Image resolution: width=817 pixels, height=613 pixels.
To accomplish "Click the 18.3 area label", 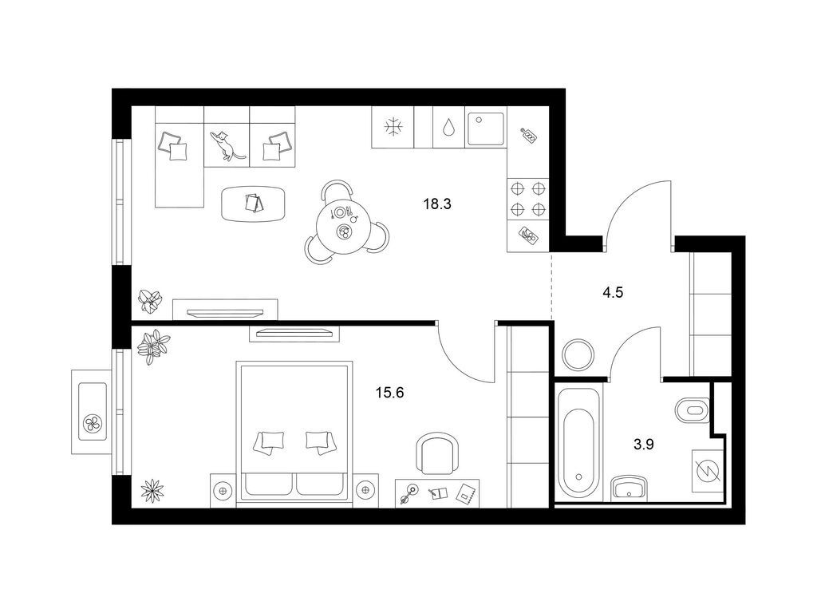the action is (x=437, y=204).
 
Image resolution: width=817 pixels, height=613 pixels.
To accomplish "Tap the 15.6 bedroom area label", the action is (x=389, y=392).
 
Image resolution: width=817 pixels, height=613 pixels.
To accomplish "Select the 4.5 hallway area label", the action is (x=613, y=292).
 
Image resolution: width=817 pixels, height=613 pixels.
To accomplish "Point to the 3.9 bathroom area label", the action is (x=644, y=445).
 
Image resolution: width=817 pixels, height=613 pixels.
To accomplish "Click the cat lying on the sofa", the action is (x=227, y=145).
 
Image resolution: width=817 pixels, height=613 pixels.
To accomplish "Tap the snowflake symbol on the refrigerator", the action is (x=393, y=127).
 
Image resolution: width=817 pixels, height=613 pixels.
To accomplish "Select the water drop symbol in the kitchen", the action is (x=448, y=127).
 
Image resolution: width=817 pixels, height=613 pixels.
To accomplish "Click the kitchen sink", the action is (x=486, y=129).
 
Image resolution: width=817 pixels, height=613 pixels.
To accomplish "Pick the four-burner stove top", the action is (x=528, y=198).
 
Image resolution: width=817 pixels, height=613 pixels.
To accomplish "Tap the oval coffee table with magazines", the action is (x=254, y=204).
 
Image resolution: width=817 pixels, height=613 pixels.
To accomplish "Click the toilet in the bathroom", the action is (x=693, y=410).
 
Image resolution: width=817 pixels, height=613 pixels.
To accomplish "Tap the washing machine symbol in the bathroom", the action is (x=708, y=471).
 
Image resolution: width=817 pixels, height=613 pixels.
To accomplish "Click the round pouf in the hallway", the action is (x=578, y=355).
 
